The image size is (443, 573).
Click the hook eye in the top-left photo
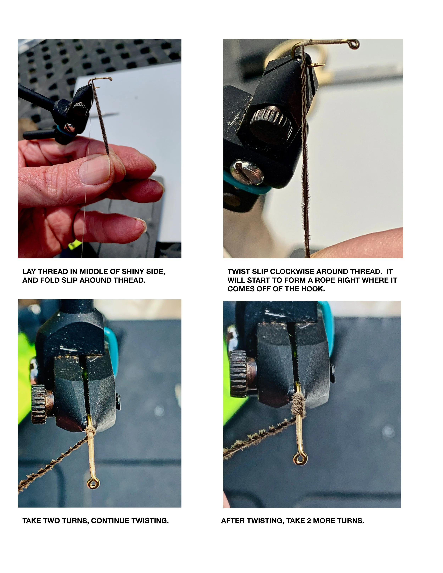coord(110,79)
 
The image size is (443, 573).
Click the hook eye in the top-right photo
coord(355,44)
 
